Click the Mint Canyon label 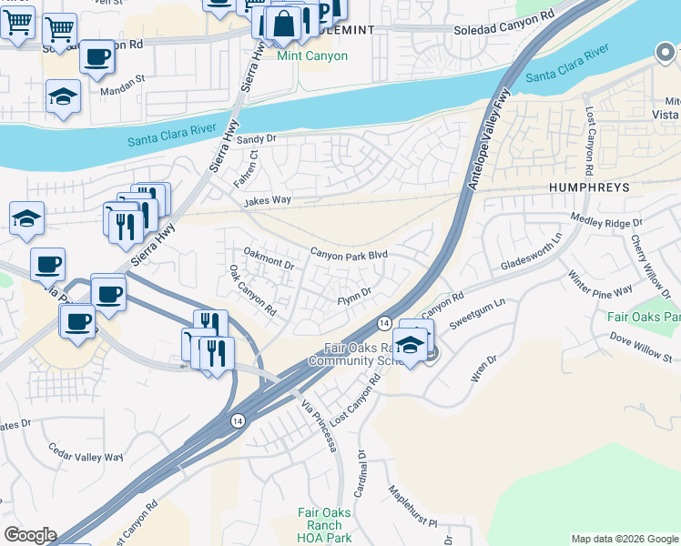(x=312, y=56)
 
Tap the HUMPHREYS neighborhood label (x=589, y=186)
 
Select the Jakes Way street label (x=268, y=199)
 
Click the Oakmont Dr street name (x=269, y=261)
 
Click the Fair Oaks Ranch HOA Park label (x=324, y=525)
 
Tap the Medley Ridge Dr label (x=606, y=219)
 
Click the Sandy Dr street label (x=256, y=139)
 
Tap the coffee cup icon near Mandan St (x=97, y=56)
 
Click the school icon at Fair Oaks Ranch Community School (x=411, y=345)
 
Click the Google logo (x=29, y=535)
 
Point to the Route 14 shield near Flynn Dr (x=384, y=323)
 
